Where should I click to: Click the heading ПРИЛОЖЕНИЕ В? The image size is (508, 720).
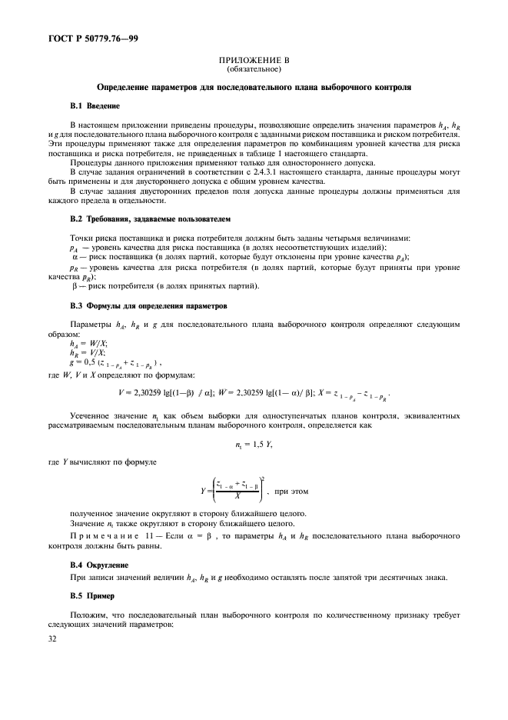pos(253,60)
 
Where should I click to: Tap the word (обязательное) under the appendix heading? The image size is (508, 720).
pos(253,68)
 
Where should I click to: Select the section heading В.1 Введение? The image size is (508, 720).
pos(95,105)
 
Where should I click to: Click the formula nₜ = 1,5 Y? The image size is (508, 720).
pos(253,445)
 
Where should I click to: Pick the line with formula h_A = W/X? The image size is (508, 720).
pos(88,344)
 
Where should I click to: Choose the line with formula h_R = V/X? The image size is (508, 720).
pos(88,353)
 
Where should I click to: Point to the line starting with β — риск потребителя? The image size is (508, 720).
pos(164,287)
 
